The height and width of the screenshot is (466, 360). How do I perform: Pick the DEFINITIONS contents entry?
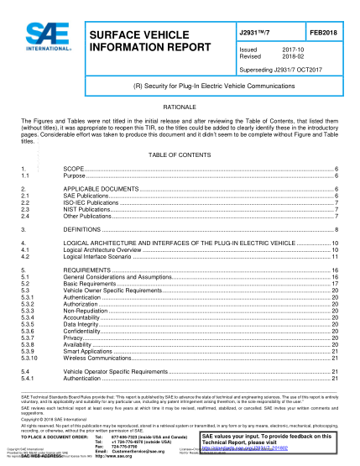(84, 228)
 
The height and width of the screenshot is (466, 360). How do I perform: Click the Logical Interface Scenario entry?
(102, 255)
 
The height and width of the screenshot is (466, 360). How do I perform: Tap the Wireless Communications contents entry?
(97, 356)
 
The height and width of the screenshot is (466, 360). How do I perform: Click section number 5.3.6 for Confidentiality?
(29, 329)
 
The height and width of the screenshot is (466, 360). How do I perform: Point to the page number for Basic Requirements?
(335, 283)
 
